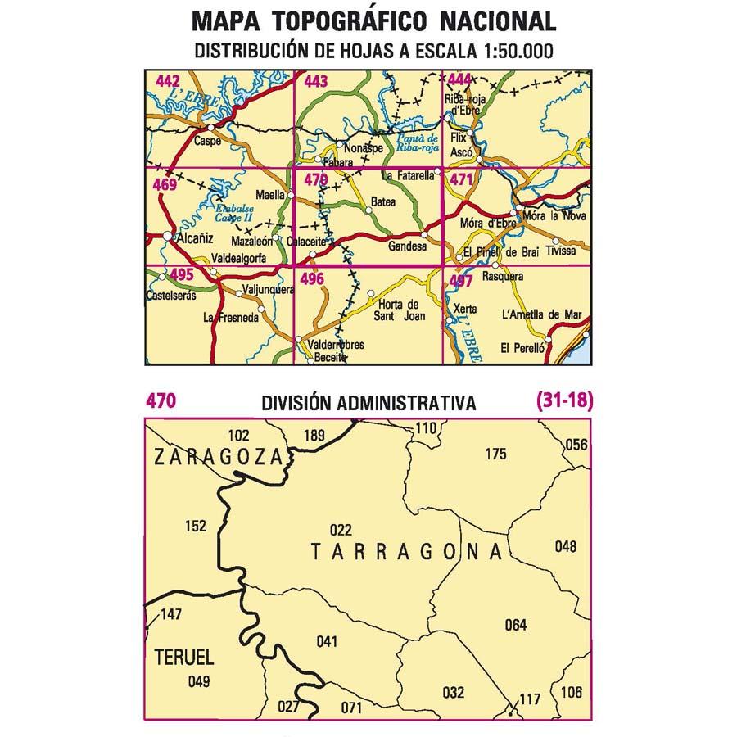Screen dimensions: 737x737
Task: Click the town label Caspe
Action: (209, 140)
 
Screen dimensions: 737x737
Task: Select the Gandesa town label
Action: (407, 246)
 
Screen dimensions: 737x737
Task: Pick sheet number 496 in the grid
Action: (313, 279)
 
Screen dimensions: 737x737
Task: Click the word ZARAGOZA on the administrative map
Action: (217, 458)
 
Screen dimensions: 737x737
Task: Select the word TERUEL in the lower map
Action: (184, 656)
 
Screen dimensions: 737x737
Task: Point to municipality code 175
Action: (496, 454)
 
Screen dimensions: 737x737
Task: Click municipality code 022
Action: (340, 529)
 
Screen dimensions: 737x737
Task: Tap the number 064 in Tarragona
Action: (516, 626)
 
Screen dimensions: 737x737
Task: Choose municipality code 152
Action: (196, 527)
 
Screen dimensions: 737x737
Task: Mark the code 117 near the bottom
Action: (530, 699)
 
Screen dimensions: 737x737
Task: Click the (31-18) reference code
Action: (563, 401)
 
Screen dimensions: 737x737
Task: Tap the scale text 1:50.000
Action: (509, 51)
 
